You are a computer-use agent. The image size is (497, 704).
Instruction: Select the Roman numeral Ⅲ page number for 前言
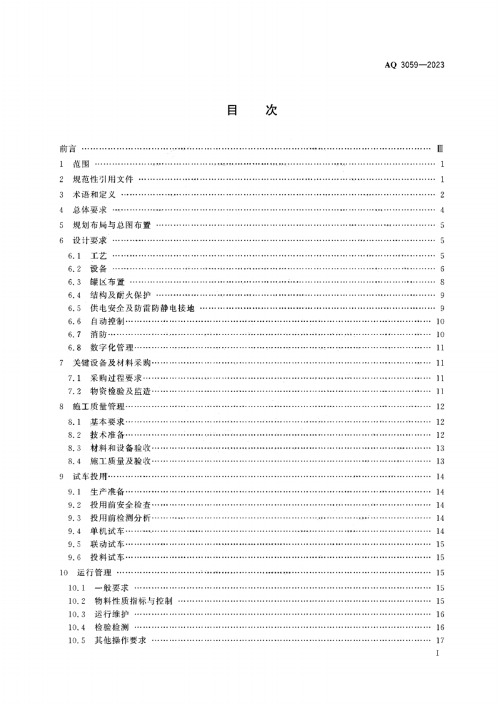click(x=440, y=149)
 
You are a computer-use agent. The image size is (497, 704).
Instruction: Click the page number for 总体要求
click(x=442, y=210)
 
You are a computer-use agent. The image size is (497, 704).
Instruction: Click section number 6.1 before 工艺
click(x=74, y=255)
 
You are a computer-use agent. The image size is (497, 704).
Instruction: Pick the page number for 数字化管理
click(x=441, y=347)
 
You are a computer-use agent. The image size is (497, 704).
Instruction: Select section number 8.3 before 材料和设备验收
click(x=74, y=448)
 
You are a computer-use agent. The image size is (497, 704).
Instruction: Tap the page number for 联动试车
click(x=441, y=544)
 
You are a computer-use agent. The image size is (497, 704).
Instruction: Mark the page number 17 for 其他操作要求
click(x=441, y=641)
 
